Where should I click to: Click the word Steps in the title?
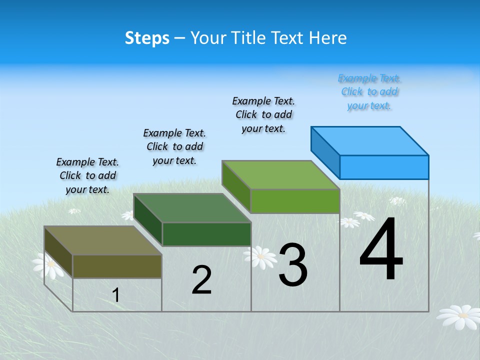click(x=147, y=38)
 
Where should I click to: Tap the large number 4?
click(x=381, y=250)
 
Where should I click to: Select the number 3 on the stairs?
click(x=292, y=265)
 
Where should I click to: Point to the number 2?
click(x=201, y=280)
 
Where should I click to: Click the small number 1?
click(x=115, y=295)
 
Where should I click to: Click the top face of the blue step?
click(x=370, y=140)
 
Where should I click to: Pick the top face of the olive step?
click(x=102, y=240)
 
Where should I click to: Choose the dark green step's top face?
click(x=192, y=208)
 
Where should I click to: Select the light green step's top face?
click(x=281, y=175)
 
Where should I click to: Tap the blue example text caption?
click(x=369, y=91)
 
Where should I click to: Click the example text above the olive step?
click(x=87, y=175)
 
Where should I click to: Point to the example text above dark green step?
click(x=174, y=146)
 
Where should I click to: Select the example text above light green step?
click(x=263, y=114)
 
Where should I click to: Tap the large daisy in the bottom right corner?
click(x=459, y=316)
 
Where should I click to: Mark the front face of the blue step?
click(x=384, y=167)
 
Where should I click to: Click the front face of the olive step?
click(x=117, y=266)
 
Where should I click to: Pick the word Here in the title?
click(x=328, y=38)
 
